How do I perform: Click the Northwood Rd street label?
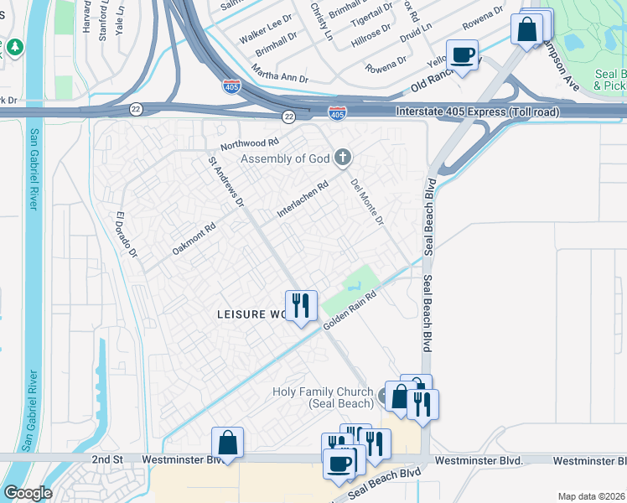click(x=248, y=143)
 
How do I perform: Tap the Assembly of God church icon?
click(x=342, y=157)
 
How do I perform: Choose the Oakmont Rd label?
click(x=194, y=238)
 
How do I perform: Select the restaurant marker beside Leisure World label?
click(x=300, y=305)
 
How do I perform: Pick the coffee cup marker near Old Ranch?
click(x=462, y=55)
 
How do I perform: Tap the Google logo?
click(x=28, y=492)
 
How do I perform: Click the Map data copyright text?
click(x=591, y=496)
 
